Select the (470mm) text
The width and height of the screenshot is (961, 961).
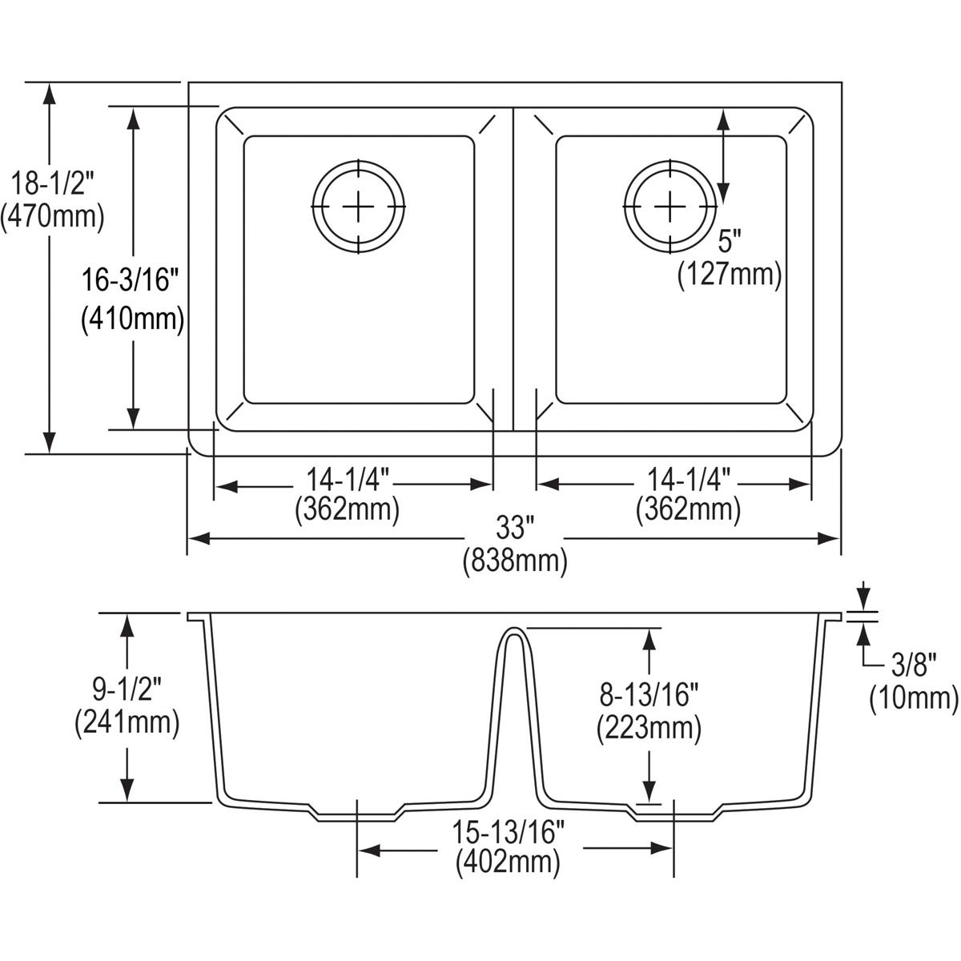[53, 217]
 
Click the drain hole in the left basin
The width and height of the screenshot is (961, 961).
[359, 207]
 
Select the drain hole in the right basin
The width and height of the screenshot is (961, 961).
[669, 207]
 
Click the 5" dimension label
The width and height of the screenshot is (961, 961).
[729, 241]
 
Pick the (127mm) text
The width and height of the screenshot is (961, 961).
[729, 275]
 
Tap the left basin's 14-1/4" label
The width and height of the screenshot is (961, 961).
[347, 480]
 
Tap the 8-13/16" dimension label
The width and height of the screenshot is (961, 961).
[649, 694]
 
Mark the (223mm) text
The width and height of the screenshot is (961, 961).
[649, 728]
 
